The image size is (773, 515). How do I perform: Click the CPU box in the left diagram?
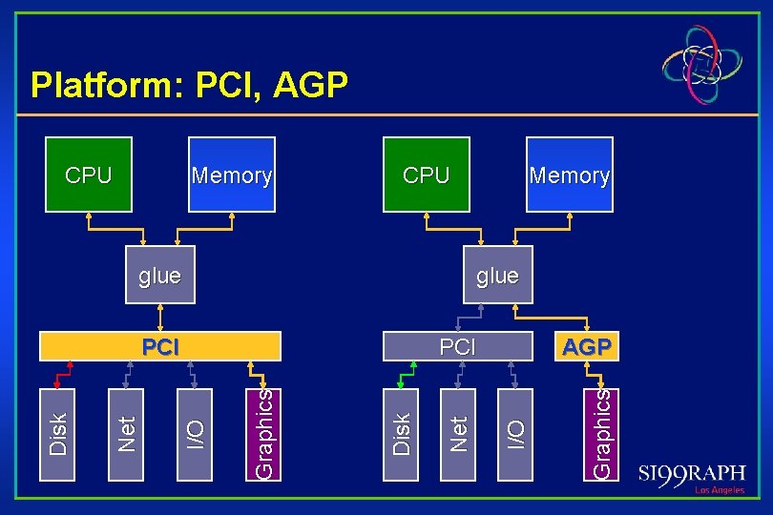[88, 175]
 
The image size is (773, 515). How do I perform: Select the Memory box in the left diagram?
[231, 175]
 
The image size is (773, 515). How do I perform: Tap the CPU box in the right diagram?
[426, 175]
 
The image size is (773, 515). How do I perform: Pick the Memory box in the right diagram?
[569, 175]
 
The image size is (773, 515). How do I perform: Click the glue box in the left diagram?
[159, 276]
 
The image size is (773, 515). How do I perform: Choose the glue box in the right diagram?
[497, 276]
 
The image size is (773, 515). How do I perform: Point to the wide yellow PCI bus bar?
[160, 346]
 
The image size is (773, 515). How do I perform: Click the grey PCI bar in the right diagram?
[457, 346]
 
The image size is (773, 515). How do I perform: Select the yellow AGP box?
[587, 346]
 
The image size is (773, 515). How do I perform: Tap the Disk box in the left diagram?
[59, 433]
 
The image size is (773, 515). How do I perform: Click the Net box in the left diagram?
[129, 433]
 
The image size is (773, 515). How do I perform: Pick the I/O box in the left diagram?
[196, 433]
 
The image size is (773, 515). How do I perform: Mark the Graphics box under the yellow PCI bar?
[264, 433]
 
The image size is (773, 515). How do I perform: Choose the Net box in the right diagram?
[459, 433]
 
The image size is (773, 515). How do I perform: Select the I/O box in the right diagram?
[515, 433]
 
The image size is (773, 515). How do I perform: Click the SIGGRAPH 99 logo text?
[692, 474]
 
